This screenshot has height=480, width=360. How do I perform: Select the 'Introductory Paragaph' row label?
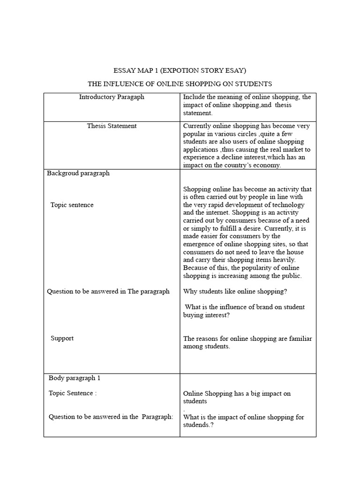point(112,97)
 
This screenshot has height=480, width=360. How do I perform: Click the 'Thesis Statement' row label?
point(112,126)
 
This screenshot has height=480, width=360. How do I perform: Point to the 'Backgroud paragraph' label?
point(78,173)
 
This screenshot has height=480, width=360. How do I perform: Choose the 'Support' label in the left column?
point(62,338)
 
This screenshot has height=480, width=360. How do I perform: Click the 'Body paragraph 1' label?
point(75,378)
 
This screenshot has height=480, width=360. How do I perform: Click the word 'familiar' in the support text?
point(299,338)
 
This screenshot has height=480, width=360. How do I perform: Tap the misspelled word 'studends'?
point(197,425)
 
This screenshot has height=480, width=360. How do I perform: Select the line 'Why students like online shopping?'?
point(235,291)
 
